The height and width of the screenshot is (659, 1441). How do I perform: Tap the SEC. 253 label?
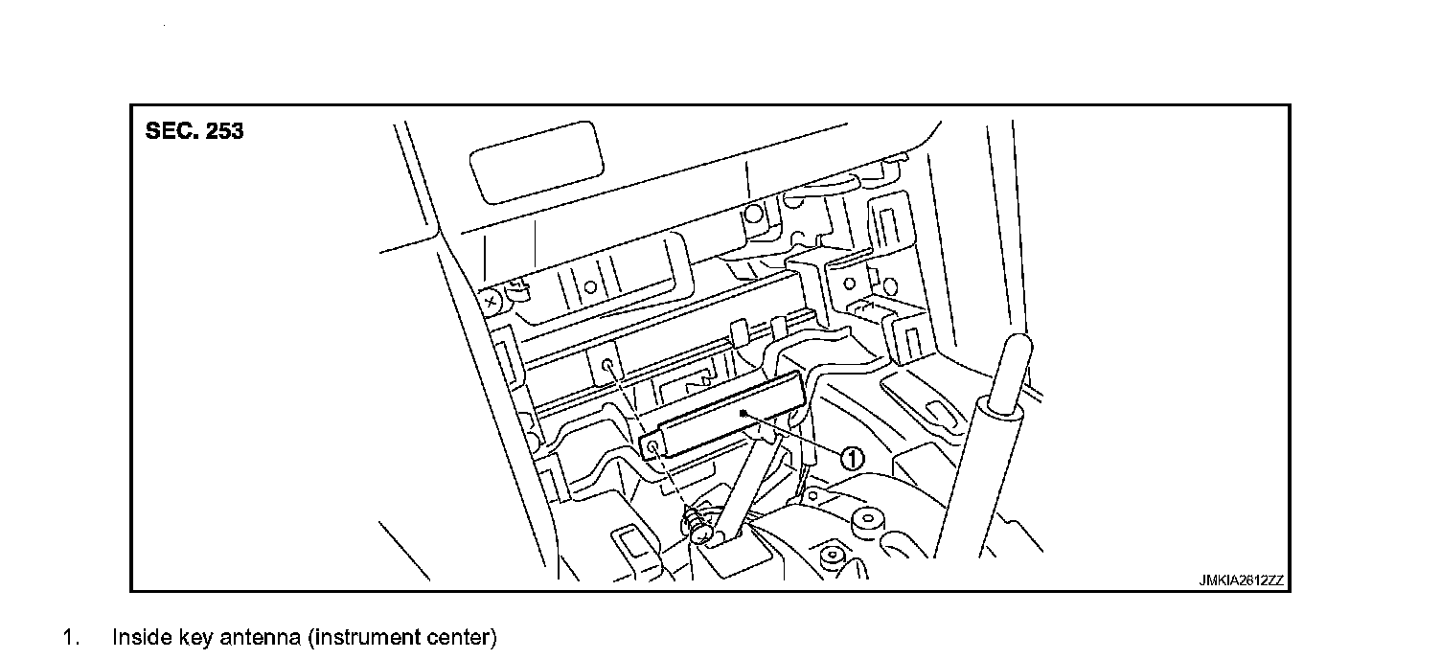194,132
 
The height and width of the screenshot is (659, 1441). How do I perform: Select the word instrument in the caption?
370,637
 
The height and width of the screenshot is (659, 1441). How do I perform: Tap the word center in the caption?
462,637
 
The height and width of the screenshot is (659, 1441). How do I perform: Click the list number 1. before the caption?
70,637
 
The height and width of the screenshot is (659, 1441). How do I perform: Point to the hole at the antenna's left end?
652,447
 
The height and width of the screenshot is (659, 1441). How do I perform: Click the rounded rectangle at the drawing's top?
537,162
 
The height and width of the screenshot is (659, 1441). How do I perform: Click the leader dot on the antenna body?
743,413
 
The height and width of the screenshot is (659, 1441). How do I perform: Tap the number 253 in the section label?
223,132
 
